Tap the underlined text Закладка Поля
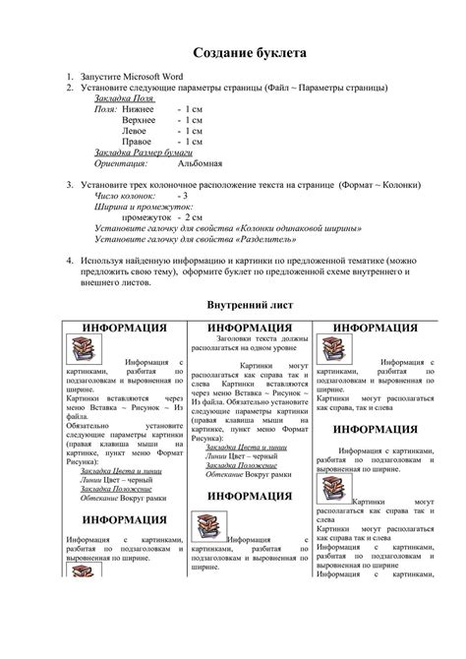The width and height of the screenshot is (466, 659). tap(124, 98)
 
